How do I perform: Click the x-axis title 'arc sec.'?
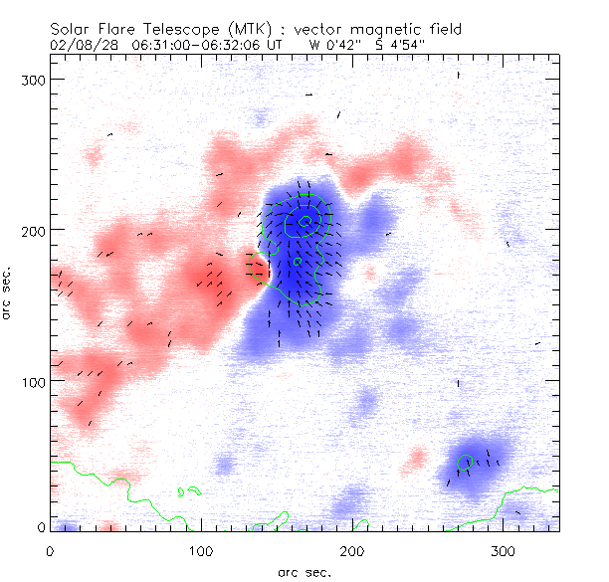coord(304,572)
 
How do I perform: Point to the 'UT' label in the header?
coord(275,45)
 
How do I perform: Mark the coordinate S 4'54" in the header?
coord(397,45)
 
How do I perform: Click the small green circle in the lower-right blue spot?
coord(465,462)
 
